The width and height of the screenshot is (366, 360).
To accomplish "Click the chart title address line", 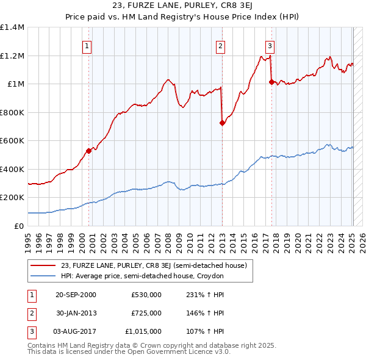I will click(182, 7).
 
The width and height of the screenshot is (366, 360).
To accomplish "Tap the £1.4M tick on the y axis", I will click(12, 27).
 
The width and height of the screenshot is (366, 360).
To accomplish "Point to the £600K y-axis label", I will click(12, 141).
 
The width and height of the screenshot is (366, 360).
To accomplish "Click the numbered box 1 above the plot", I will click(87, 45).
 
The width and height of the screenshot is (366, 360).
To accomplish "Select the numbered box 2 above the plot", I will click(220, 45).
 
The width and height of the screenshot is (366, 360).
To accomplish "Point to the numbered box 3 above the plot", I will click(270, 45).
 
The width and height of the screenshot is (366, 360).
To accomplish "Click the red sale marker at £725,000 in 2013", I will click(222, 123).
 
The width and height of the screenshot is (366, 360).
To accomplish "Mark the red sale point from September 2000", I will click(89, 150).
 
